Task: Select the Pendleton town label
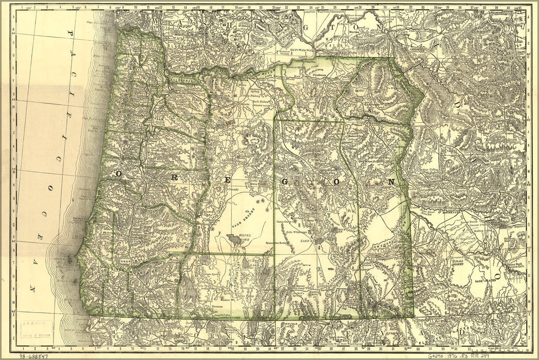[319, 75]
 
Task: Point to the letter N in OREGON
[391, 182]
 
